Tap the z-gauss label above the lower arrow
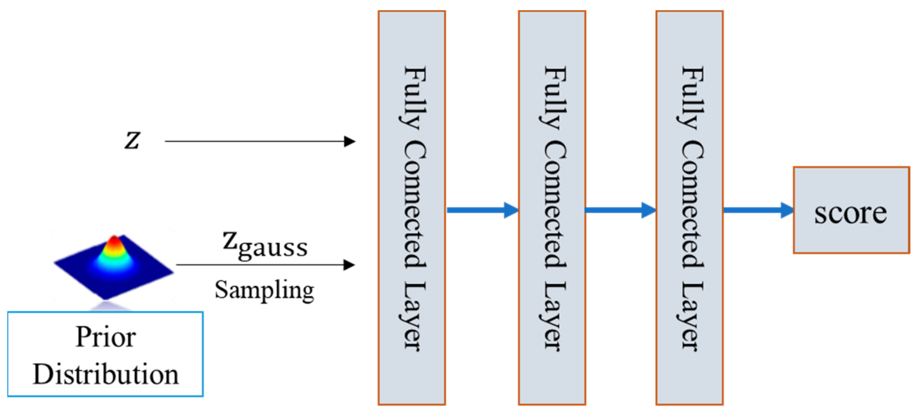pos(265,246)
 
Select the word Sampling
pos(264,290)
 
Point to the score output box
pos(851,211)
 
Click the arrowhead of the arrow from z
pos(350,142)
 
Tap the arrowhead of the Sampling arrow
pos(349,265)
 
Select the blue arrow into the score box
pos(758,211)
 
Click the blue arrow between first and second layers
pos(481,211)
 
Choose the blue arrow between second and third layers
pos(620,211)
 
